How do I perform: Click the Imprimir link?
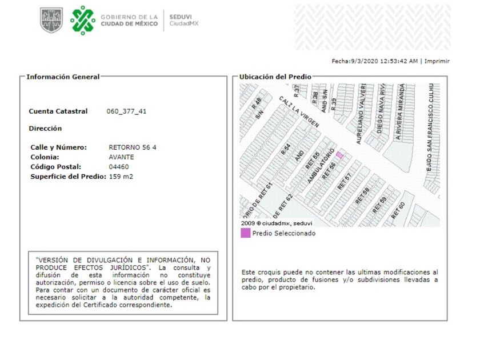point(437,61)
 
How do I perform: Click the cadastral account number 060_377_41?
point(126,111)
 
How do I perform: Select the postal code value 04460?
point(118,167)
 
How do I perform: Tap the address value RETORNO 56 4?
point(132,147)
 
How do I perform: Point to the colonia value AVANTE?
point(121,157)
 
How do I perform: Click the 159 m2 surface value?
point(121,177)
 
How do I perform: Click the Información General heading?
point(63,77)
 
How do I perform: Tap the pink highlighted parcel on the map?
point(339,155)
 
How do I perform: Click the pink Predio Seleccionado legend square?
point(245,233)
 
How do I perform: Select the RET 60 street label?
point(398,211)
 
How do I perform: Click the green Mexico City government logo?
point(83,20)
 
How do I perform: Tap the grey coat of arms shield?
point(51,20)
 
